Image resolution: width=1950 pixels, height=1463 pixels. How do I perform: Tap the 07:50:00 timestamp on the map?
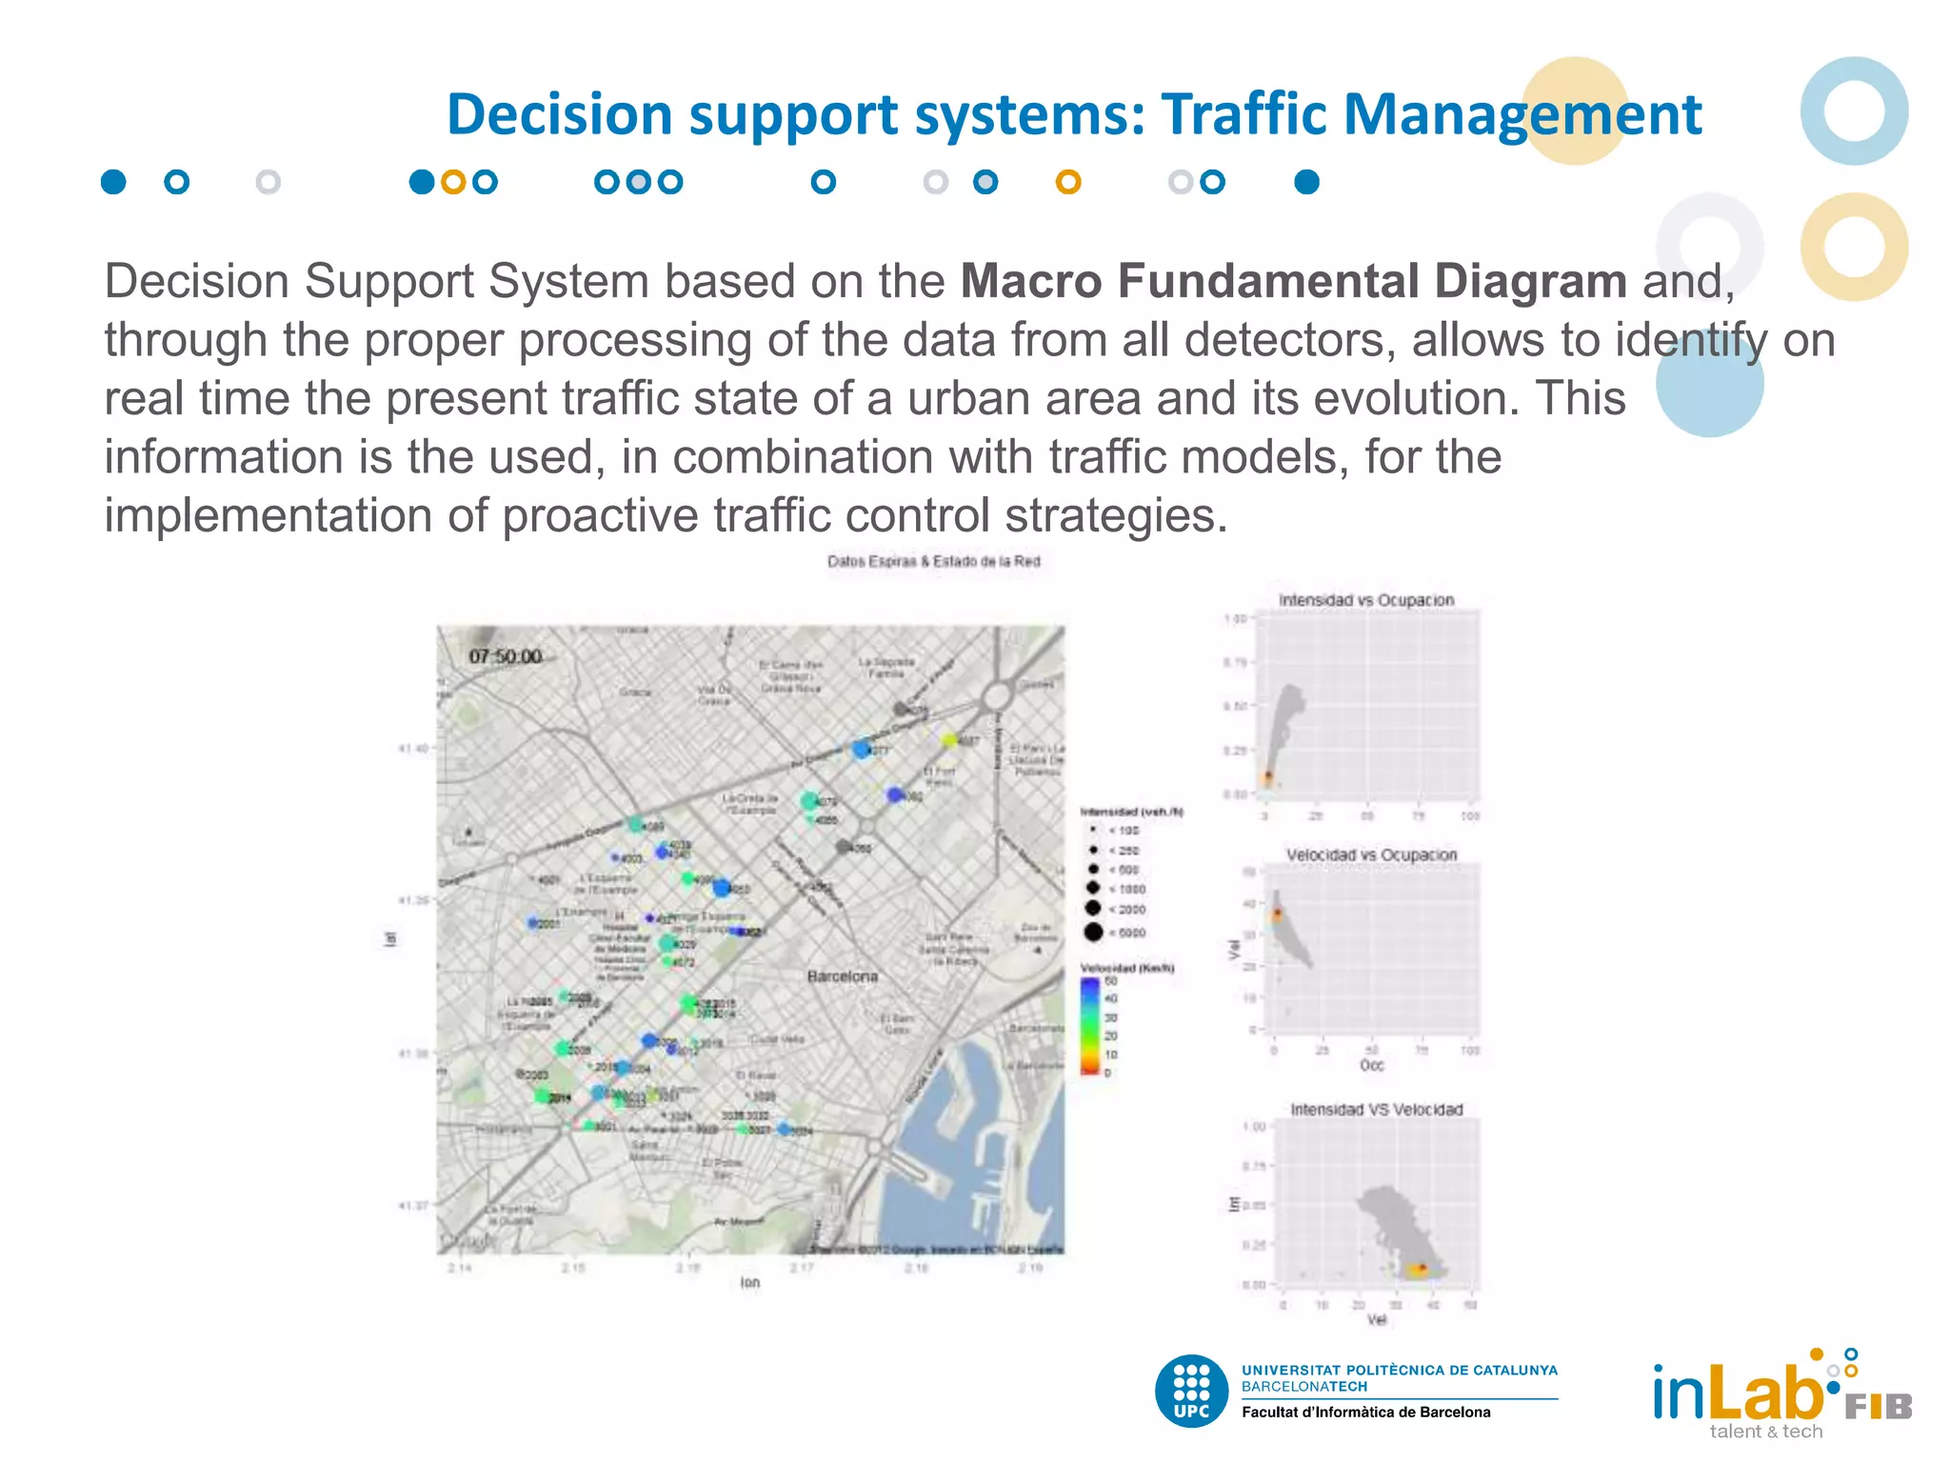coord(505,656)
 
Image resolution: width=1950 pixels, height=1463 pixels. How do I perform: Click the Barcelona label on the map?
coord(842,976)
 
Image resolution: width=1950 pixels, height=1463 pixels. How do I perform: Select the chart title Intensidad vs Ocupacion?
coord(1365,600)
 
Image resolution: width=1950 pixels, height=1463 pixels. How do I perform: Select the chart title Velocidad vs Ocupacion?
coord(1371,854)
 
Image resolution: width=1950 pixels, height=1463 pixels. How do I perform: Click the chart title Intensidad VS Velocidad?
coord(1376,1110)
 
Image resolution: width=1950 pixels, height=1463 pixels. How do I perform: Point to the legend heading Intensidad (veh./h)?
coord(1131,812)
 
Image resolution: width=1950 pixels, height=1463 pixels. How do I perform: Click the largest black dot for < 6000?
coord(1093,932)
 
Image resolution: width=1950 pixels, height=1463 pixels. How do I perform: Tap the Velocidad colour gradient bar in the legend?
coord(1090,1024)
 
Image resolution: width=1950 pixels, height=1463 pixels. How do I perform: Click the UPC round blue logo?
coord(1191,1392)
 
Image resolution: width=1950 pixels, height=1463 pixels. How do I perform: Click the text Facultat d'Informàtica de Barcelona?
coord(1365,1413)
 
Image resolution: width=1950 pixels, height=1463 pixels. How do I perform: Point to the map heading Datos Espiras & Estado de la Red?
coord(933,561)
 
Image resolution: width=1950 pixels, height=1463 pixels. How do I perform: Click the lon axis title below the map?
coord(750,1283)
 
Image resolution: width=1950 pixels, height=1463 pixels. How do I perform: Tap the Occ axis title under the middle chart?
coord(1371,1065)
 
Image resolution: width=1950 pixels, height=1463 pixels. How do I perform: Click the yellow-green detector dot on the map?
coord(949,740)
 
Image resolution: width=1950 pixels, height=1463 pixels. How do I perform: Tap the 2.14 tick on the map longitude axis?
coord(459,1268)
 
